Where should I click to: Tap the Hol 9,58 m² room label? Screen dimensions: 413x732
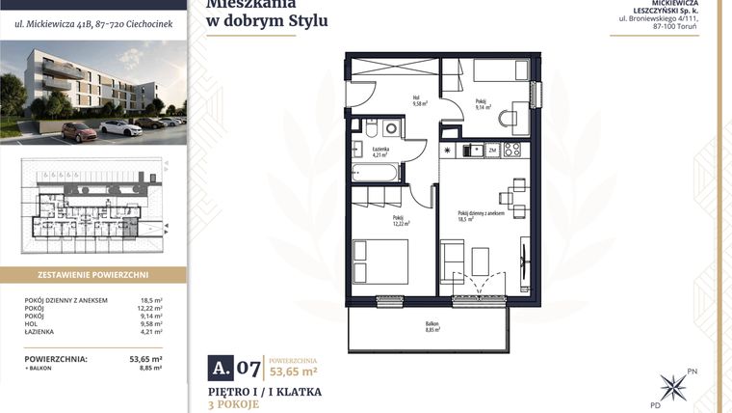point(393,100)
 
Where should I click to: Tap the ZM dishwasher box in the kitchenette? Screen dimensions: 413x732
point(491,151)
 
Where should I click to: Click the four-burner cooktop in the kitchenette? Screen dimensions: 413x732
point(512,151)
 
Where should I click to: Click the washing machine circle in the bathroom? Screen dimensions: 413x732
point(390,127)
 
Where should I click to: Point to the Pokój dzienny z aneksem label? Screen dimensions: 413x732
point(482,215)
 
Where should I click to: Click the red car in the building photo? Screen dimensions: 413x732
point(79,132)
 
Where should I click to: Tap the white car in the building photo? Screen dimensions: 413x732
point(120,127)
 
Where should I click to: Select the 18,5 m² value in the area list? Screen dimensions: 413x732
point(151,300)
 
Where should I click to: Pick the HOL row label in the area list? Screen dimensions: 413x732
point(32,325)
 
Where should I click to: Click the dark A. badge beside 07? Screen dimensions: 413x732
point(221,367)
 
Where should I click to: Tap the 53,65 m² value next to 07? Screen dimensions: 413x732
point(294,371)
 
